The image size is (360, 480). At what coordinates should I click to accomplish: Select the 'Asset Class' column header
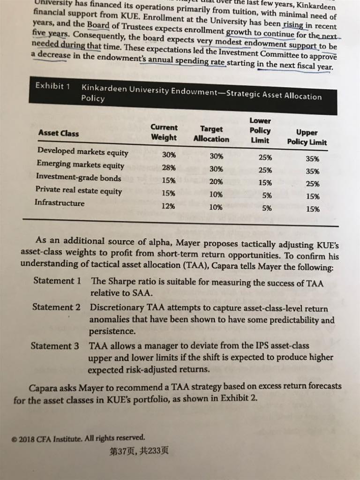59,133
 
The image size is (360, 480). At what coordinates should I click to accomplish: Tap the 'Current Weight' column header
164,132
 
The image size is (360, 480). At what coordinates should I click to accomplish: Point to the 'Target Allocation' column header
211,134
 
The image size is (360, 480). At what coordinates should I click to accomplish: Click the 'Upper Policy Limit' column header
307,137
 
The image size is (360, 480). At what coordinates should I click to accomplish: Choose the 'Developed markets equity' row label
82,152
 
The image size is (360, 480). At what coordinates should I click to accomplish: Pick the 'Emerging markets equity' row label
80,165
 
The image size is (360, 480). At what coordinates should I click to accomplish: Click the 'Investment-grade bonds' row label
78,178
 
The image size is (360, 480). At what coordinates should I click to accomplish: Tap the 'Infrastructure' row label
60,203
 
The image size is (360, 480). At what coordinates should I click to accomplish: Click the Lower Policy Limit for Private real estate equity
266,195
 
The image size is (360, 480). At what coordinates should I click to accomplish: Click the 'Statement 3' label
54,346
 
